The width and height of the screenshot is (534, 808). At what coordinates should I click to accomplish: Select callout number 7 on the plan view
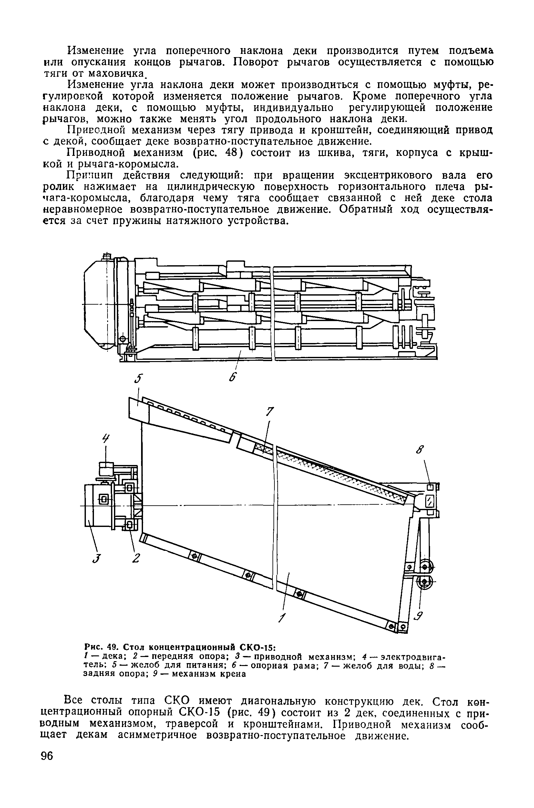point(270,412)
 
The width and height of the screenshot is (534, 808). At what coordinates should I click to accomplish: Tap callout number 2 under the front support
point(136,559)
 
